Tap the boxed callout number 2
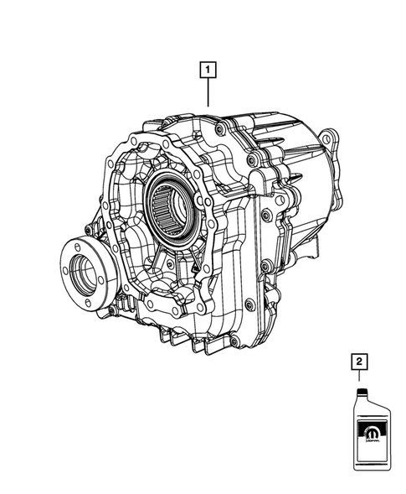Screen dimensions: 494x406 tap(359, 362)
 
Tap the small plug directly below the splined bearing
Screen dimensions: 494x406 tap(173, 266)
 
